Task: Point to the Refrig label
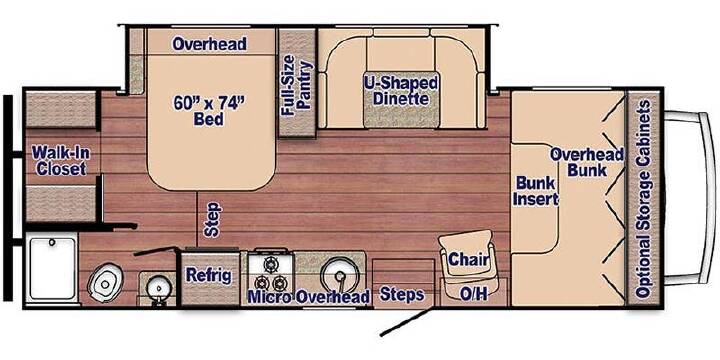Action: coord(208,275)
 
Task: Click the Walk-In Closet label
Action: coord(61,160)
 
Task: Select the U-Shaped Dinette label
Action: coord(400,90)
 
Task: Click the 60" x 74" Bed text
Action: coord(208,111)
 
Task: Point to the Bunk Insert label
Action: coord(536,191)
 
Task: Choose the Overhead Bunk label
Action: coord(587,162)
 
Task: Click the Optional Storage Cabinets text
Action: coord(643,198)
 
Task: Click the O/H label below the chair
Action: coord(473,295)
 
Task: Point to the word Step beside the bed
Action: coord(213,219)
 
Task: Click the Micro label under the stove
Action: coord(269,297)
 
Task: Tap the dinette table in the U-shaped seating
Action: coord(401,99)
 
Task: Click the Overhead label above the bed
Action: coord(209,44)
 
